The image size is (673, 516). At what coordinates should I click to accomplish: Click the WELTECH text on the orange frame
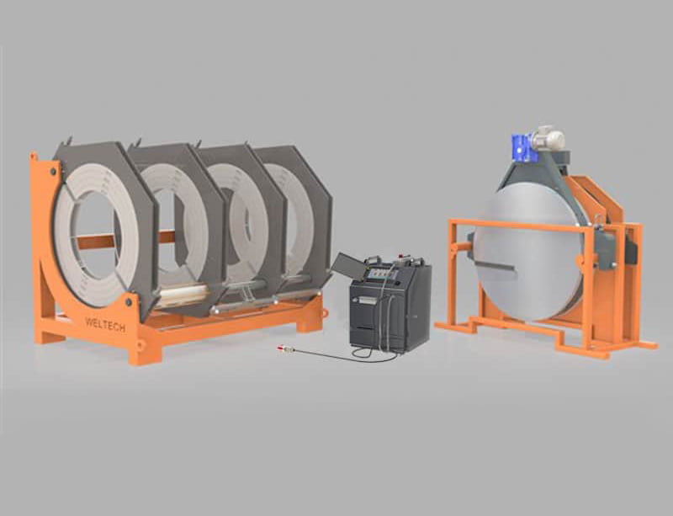point(105,324)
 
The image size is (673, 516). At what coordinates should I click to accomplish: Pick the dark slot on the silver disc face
point(496,268)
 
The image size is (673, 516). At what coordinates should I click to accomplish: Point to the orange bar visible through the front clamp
point(97,241)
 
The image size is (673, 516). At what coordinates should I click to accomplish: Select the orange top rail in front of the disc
point(513,225)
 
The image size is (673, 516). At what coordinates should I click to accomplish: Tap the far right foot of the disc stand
point(647,344)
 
